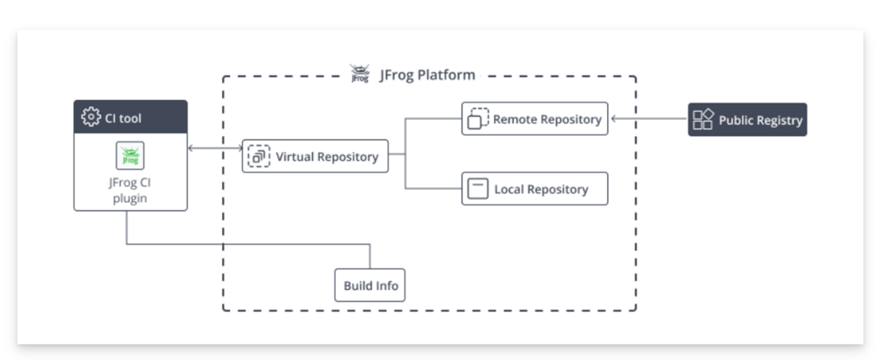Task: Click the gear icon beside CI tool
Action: pos(91,116)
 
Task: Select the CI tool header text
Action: pos(123,118)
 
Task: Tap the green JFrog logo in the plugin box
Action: pos(130,155)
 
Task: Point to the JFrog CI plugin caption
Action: pos(130,190)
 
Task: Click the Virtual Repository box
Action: pos(315,156)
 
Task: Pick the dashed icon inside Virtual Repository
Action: pos(258,156)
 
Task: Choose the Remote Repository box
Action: pos(534,119)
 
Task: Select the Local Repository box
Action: pos(534,189)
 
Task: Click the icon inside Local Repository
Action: pos(478,189)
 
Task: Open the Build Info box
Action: pos(370,285)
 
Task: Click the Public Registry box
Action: pos(747,119)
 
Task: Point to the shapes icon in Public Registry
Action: pos(703,119)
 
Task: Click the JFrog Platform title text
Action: pos(427,75)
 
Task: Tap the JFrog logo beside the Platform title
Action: pos(360,73)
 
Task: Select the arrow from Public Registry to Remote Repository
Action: pos(649,118)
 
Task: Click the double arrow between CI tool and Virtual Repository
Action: pos(216,148)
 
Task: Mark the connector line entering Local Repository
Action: pos(433,189)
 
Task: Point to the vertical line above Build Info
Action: pos(370,256)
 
